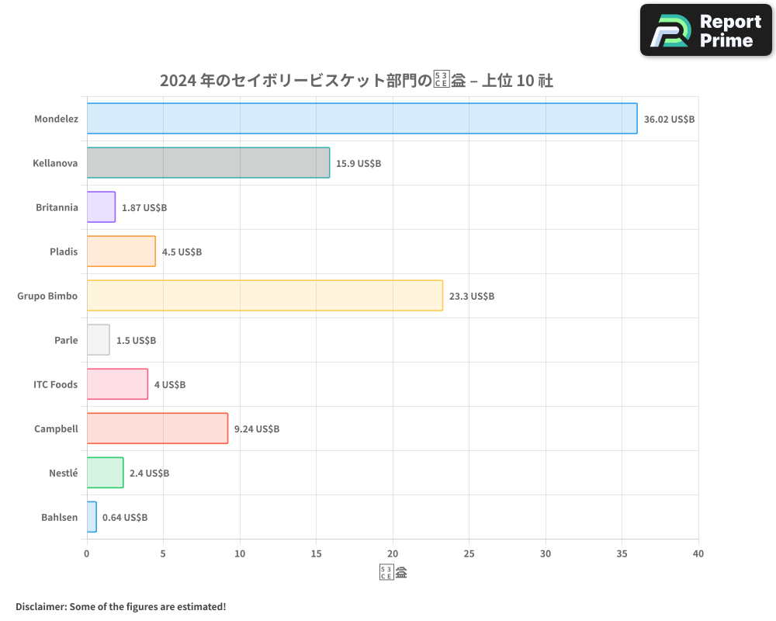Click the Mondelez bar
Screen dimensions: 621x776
coord(362,119)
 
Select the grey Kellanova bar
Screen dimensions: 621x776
coord(208,163)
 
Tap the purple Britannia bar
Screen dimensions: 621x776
coord(101,207)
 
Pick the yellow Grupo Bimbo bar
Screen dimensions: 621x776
coord(265,296)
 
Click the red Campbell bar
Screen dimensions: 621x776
coord(157,428)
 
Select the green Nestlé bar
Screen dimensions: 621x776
coord(105,473)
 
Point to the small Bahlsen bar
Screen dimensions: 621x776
coord(92,517)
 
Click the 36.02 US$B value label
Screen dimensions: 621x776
coord(669,120)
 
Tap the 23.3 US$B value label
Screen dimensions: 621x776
coord(471,297)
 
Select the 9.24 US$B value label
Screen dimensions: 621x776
coord(256,429)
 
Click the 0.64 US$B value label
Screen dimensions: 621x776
coord(124,518)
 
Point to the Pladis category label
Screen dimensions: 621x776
coord(64,252)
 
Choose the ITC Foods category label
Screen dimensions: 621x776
coord(55,384)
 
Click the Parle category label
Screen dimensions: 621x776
coord(66,340)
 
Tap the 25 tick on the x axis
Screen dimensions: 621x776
coord(469,554)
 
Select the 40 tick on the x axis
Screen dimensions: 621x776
coord(698,554)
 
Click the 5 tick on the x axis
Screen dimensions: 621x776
coord(163,554)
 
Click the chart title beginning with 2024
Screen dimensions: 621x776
coord(356,81)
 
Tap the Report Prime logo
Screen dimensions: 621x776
coord(706,30)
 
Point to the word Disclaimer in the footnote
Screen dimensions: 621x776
coord(40,607)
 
